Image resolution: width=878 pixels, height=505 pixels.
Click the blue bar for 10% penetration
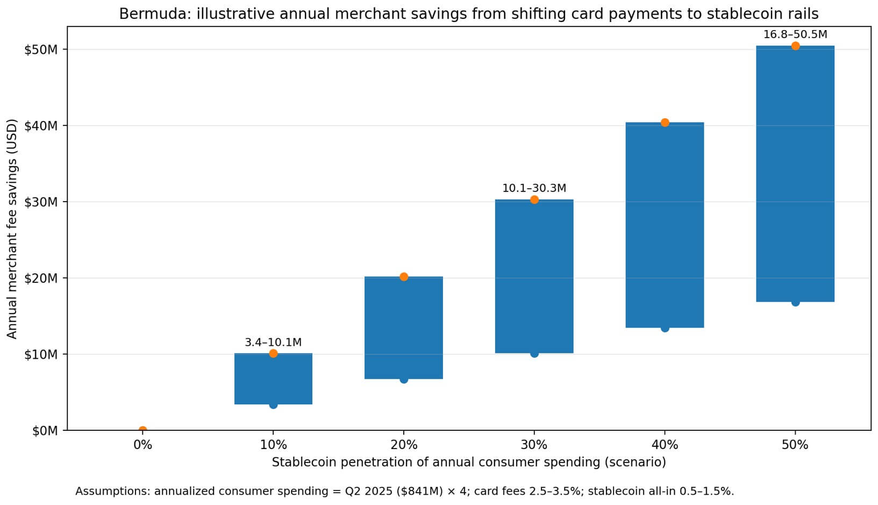(x=273, y=379)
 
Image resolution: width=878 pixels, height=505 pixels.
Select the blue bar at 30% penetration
(x=534, y=276)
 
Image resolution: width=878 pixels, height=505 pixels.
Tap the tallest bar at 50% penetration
(x=795, y=174)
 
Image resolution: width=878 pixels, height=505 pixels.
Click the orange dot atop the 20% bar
(x=404, y=276)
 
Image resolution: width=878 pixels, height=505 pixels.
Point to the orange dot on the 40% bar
(x=665, y=123)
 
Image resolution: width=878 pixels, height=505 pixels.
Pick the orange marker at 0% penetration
(x=142, y=430)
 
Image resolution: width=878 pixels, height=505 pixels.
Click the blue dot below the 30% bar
(x=534, y=354)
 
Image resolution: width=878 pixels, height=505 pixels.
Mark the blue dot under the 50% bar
(x=795, y=303)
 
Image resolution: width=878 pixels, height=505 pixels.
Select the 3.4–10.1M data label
(x=273, y=342)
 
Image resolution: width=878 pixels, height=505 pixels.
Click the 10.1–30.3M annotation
(x=534, y=188)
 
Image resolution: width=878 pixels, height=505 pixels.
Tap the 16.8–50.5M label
(x=795, y=34)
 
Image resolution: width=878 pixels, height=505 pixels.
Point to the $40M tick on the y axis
(x=41, y=126)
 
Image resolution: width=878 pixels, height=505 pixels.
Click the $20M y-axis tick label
(x=41, y=278)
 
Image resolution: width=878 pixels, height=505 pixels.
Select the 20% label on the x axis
(x=404, y=445)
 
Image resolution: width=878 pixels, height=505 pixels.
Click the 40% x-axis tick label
(x=665, y=445)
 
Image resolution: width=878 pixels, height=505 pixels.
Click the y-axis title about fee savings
(x=12, y=229)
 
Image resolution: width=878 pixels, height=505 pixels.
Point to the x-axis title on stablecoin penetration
(x=468, y=462)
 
